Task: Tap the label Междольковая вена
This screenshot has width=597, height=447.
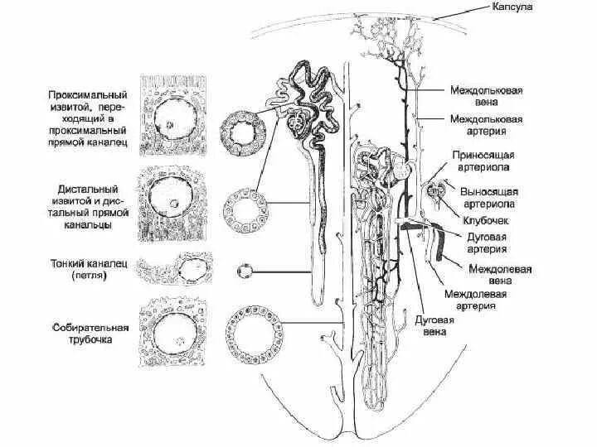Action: coord(486,95)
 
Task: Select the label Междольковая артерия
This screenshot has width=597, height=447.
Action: coord(486,126)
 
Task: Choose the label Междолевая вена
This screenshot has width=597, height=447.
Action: coord(500,275)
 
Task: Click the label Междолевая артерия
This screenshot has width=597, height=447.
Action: coord(477,300)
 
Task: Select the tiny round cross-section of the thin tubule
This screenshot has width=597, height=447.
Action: coord(244,271)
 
